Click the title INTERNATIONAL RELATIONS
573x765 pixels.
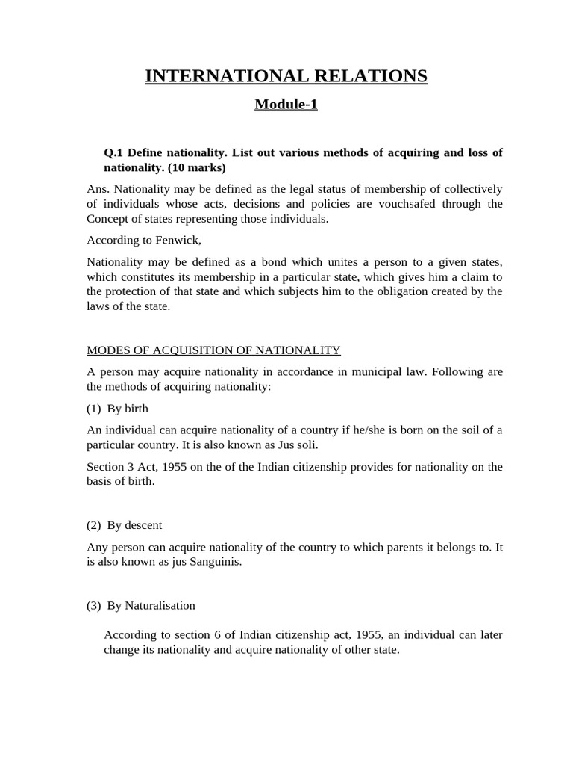click(286, 76)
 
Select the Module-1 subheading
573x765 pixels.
click(286, 104)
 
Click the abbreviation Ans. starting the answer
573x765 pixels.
click(98, 189)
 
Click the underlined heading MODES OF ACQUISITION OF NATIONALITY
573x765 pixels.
click(213, 350)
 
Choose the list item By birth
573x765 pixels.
click(128, 408)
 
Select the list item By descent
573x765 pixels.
click(134, 525)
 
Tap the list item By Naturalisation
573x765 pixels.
click(151, 605)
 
